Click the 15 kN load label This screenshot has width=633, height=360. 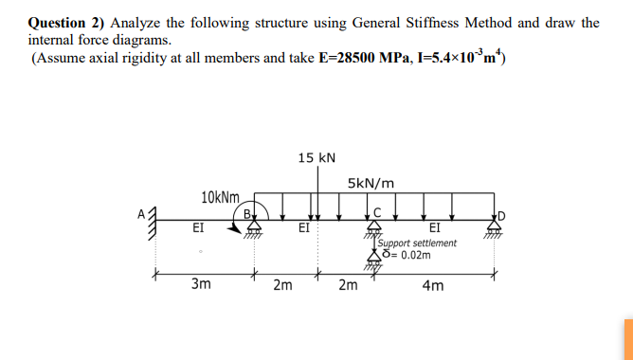tap(316, 157)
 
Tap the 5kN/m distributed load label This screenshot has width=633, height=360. tap(371, 183)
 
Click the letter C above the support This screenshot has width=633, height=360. tap(377, 211)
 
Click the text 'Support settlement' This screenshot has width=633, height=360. tap(417, 243)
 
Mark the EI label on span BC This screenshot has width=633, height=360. tap(303, 228)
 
